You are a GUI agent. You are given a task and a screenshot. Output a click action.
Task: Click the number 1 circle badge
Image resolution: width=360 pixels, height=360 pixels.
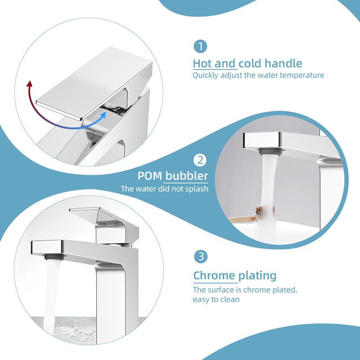click(x=200, y=46)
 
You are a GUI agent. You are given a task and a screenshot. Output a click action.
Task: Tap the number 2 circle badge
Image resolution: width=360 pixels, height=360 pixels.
click(x=200, y=160)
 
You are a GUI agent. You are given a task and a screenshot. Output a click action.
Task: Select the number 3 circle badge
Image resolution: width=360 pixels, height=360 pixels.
click(x=201, y=256)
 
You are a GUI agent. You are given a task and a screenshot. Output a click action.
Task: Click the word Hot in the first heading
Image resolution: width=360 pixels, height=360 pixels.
click(x=202, y=63)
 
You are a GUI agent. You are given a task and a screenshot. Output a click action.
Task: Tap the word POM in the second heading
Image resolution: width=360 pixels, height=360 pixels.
click(x=150, y=176)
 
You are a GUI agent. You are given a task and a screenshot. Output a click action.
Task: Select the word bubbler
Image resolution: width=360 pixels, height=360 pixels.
click(x=187, y=176)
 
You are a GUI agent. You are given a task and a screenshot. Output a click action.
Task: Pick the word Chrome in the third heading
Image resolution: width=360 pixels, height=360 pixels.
click(x=214, y=275)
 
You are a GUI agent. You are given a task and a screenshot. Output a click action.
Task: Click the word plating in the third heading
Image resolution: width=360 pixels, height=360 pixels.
click(x=257, y=276)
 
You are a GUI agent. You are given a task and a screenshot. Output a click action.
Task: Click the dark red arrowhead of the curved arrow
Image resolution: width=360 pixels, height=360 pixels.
click(x=29, y=84)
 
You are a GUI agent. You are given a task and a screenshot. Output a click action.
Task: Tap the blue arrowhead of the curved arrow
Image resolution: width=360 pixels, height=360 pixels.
click(x=103, y=115)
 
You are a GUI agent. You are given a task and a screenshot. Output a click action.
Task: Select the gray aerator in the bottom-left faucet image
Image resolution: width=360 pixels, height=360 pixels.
click(x=54, y=257)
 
